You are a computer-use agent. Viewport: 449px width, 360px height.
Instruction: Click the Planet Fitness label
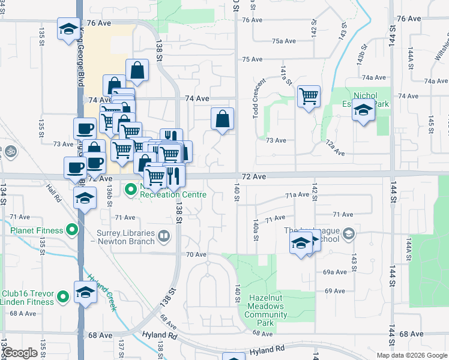37,230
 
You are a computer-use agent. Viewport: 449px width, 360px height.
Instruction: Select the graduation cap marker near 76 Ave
68,28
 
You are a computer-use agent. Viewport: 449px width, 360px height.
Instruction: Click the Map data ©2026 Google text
412,355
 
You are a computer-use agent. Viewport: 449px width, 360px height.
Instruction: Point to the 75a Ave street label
284,41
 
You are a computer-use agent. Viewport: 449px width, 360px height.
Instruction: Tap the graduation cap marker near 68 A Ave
85,292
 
